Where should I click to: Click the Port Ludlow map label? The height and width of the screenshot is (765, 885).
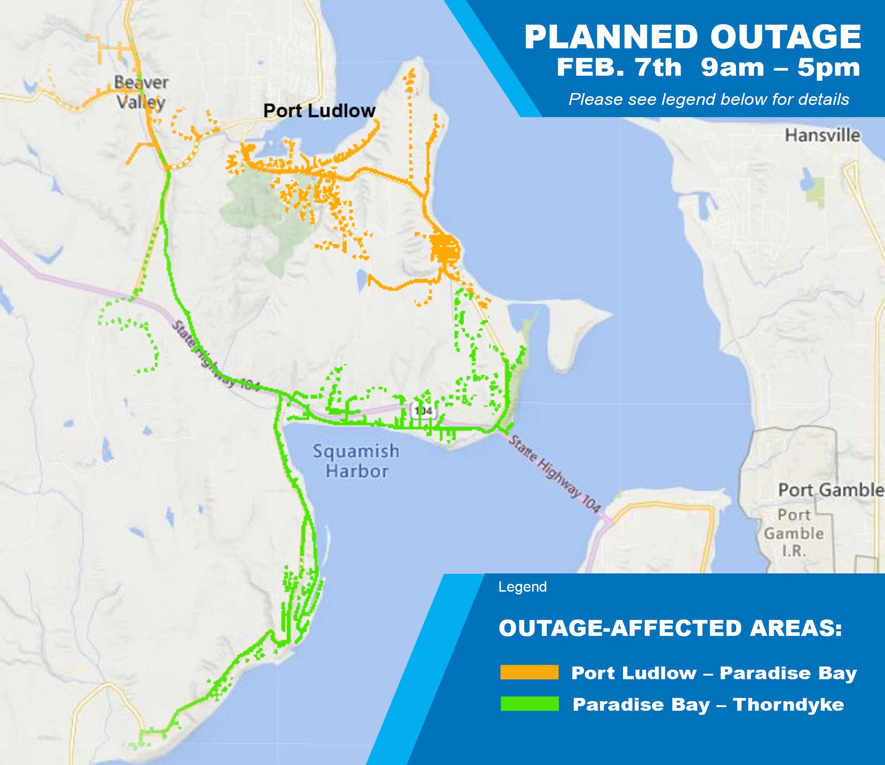pyautogui.click(x=319, y=111)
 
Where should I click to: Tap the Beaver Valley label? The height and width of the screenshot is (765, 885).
pyautogui.click(x=141, y=92)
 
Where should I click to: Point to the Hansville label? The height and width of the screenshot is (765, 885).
pyautogui.click(x=822, y=135)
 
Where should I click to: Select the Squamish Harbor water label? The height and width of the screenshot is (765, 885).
pyautogui.click(x=356, y=461)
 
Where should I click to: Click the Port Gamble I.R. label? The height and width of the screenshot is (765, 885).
pyautogui.click(x=794, y=533)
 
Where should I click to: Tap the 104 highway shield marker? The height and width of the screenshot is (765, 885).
pyautogui.click(x=423, y=411)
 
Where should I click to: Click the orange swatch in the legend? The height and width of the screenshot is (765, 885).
pyautogui.click(x=529, y=672)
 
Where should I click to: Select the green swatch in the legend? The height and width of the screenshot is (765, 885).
pyautogui.click(x=529, y=704)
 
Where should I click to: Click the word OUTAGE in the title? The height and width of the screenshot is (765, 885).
pyautogui.click(x=785, y=37)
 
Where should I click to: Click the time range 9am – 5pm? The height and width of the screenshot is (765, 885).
pyautogui.click(x=780, y=68)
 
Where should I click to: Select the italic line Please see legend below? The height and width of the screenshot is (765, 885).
pyautogui.click(x=708, y=99)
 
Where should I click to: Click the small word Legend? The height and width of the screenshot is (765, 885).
pyautogui.click(x=522, y=587)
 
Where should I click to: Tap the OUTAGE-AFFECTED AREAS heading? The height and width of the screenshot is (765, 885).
pyautogui.click(x=670, y=628)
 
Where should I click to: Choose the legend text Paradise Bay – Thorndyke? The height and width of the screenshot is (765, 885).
pyautogui.click(x=708, y=704)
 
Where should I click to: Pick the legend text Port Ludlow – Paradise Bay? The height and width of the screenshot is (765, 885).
pyautogui.click(x=714, y=673)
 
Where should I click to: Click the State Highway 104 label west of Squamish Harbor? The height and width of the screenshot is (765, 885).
pyautogui.click(x=215, y=356)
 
